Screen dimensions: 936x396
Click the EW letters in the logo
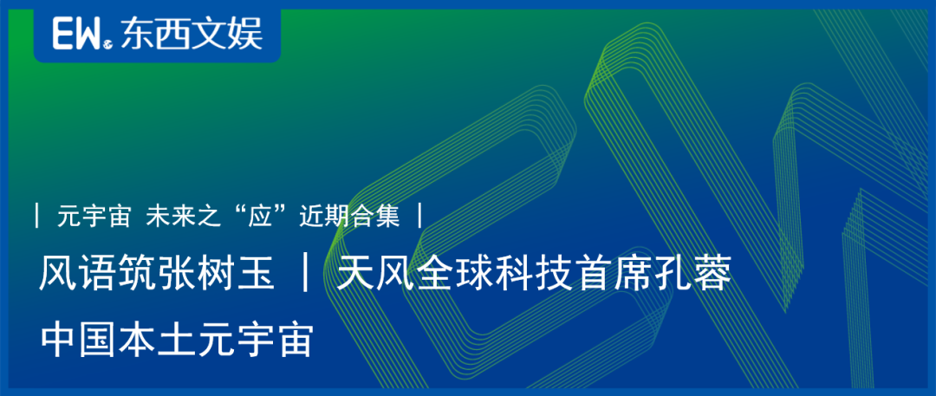pos(77,33)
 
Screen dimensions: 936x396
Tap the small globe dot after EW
pos(107,43)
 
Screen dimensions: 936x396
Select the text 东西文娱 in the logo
pos(191,34)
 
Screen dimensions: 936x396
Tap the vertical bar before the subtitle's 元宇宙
pos(38,217)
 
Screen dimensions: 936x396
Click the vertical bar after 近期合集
pos(420,217)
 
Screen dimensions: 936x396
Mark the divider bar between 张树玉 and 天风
pos(306,276)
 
